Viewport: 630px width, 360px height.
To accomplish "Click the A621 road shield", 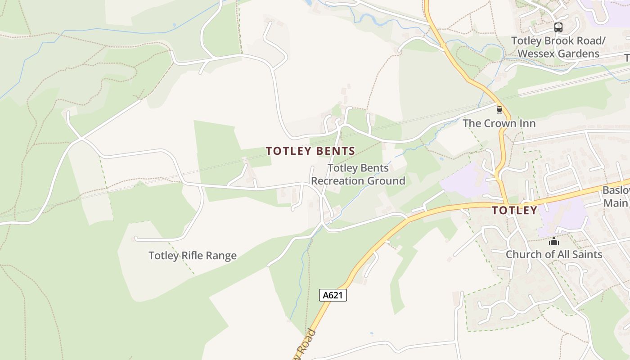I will (x=333, y=295).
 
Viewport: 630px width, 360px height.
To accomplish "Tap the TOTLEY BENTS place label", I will (x=310, y=151).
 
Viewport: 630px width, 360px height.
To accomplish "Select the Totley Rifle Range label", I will (x=193, y=256).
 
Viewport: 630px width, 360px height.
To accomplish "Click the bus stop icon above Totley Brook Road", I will (x=558, y=27).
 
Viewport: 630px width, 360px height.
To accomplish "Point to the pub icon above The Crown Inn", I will (x=499, y=110).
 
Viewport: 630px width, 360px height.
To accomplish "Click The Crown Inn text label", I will (x=499, y=123).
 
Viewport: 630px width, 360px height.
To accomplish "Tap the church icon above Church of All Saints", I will (x=553, y=242).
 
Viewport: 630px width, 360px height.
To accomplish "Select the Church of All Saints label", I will (x=554, y=254).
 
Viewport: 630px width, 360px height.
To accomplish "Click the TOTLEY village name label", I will (x=514, y=210).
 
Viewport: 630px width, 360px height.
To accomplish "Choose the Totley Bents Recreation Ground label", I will (x=358, y=175).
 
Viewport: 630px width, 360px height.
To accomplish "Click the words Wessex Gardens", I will (x=558, y=54).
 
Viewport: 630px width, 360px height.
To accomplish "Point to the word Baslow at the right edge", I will (x=616, y=190).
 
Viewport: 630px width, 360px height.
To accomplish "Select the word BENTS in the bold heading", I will (x=333, y=151).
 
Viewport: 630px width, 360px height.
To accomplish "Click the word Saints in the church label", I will (x=586, y=254).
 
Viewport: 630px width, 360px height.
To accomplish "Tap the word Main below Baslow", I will (x=615, y=203).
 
